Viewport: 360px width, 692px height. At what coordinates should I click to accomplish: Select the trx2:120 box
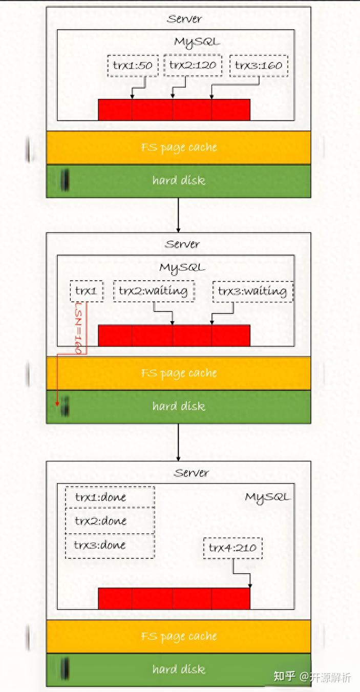click(x=193, y=65)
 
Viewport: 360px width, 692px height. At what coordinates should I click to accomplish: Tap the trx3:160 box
click(x=259, y=66)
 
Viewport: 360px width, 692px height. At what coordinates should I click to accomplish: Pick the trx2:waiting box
click(x=153, y=291)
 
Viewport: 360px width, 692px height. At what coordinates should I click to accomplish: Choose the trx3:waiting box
click(x=252, y=291)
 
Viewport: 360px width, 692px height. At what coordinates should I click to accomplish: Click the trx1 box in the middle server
click(x=87, y=291)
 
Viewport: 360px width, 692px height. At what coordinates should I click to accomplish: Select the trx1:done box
click(x=109, y=497)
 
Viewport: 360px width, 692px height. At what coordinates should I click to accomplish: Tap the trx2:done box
click(x=109, y=521)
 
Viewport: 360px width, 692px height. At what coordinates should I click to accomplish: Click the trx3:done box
click(x=109, y=545)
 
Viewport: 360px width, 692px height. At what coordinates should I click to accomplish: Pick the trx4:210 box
click(x=232, y=548)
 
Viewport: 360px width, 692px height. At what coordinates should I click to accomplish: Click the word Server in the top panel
click(x=184, y=19)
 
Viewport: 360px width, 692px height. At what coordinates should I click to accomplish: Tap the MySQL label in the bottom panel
click(x=267, y=497)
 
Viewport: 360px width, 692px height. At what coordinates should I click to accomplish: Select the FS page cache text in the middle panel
click(x=179, y=373)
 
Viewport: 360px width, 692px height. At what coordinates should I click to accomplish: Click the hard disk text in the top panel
click(x=179, y=180)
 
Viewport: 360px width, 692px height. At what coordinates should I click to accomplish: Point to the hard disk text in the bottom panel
click(x=179, y=669)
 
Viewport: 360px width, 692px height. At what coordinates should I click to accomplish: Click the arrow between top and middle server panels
click(x=178, y=215)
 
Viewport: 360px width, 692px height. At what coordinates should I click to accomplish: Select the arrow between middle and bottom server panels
click(x=178, y=442)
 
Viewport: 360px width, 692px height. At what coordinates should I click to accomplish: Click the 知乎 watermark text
click(x=285, y=677)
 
